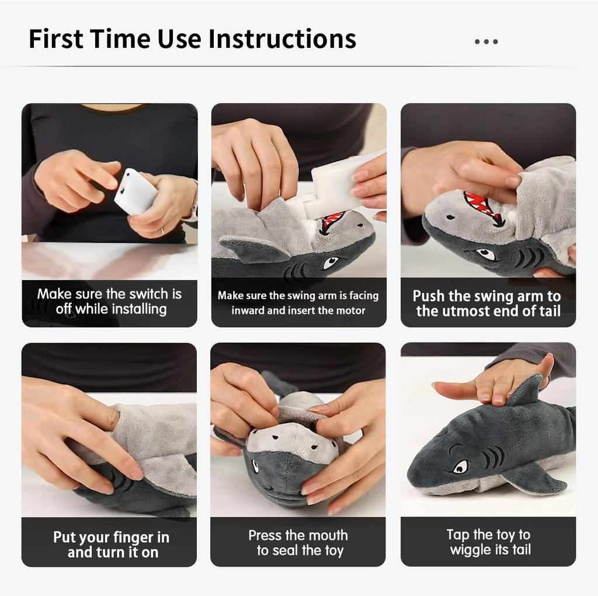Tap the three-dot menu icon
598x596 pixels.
486,41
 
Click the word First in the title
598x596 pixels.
55,39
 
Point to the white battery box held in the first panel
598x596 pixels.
135,191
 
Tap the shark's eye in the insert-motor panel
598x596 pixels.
331,262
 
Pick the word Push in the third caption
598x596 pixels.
428,296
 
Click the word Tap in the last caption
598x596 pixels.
458,535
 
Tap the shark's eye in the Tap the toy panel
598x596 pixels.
460,467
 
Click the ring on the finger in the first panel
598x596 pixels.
161,231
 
